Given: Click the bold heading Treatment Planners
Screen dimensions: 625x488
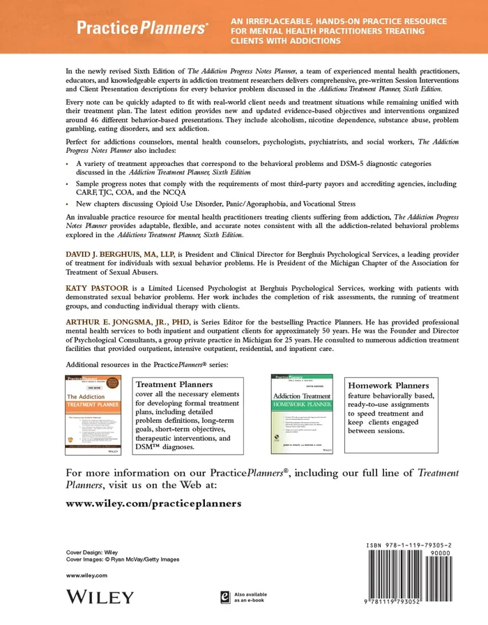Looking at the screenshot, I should pos(174,384).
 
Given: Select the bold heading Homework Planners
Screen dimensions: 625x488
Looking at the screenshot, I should pos(388,386).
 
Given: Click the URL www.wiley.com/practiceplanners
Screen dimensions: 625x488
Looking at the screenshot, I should pos(153,503).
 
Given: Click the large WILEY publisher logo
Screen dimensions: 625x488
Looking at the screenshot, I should pos(99,596).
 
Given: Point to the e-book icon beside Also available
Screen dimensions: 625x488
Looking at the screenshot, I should pos(225,596).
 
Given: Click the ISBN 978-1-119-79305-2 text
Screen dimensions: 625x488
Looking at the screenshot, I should pos(413,545).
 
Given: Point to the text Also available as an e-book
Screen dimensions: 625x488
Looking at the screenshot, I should pos(250,597).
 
